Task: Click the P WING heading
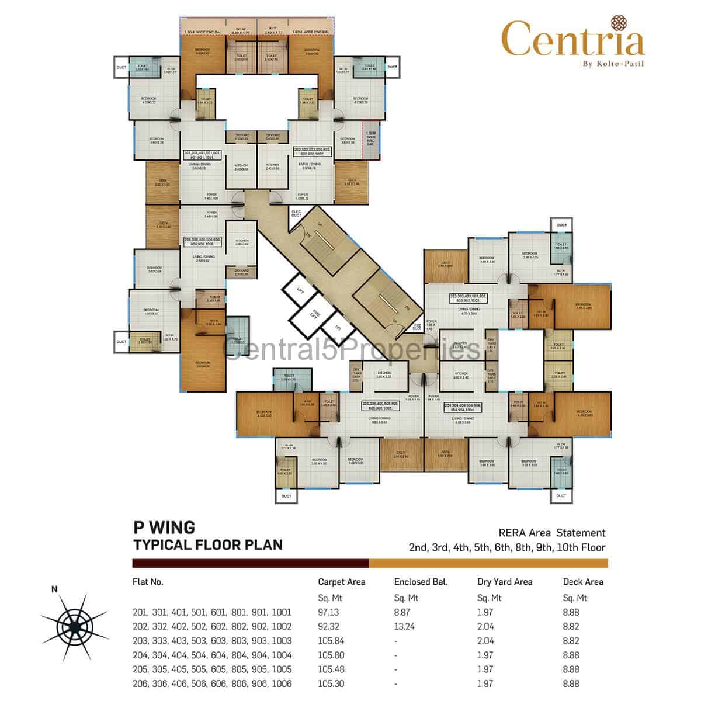pyautogui.click(x=164, y=528)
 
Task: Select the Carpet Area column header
pyautogui.click(x=341, y=582)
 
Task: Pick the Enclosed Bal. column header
pyautogui.click(x=421, y=582)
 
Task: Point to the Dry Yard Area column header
pyautogui.click(x=505, y=582)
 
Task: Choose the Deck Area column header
pyautogui.click(x=582, y=582)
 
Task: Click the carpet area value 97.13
pyautogui.click(x=328, y=613)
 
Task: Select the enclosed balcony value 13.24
pyautogui.click(x=405, y=627)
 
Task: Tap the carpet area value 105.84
pyautogui.click(x=331, y=641)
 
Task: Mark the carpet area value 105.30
pyautogui.click(x=331, y=683)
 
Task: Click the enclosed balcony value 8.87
pyautogui.click(x=402, y=613)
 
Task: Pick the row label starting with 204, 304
pyautogui.click(x=212, y=655)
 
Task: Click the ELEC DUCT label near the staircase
pyautogui.click(x=296, y=213)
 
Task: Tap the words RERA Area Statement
pyautogui.click(x=552, y=533)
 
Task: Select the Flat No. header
pyautogui.click(x=148, y=582)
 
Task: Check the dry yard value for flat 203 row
pyautogui.click(x=486, y=641)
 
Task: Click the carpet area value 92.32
pyautogui.click(x=328, y=627)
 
